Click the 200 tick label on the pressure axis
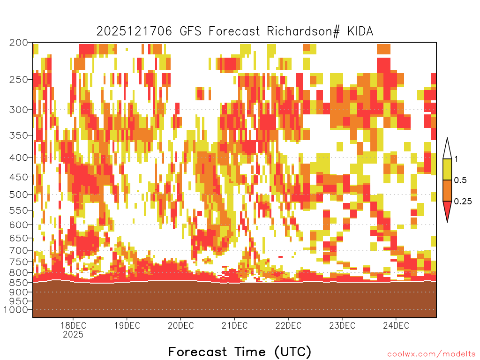tap(18, 43)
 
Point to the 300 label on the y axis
tap(18, 110)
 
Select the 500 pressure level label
tap(18, 195)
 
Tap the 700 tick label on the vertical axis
tap(18, 250)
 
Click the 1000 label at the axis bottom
tap(16, 310)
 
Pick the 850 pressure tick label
tap(18, 282)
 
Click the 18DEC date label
tap(73, 325)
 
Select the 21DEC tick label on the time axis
tap(234, 325)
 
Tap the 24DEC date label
tap(396, 325)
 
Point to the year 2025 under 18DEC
tap(73, 335)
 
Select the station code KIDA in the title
tap(360, 31)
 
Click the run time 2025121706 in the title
tap(135, 31)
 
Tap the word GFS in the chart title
tap(190, 31)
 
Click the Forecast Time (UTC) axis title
tap(240, 352)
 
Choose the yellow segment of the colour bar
tap(447, 169)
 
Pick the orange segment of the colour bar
tap(447, 190)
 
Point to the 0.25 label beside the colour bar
tap(463, 202)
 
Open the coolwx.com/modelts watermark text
tap(431, 354)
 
